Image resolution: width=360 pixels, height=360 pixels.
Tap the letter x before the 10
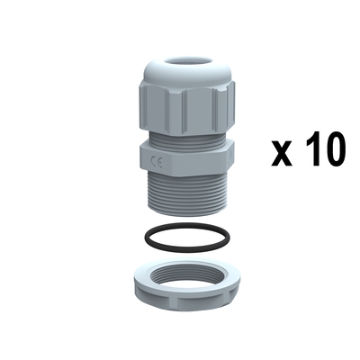(x=282, y=153)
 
